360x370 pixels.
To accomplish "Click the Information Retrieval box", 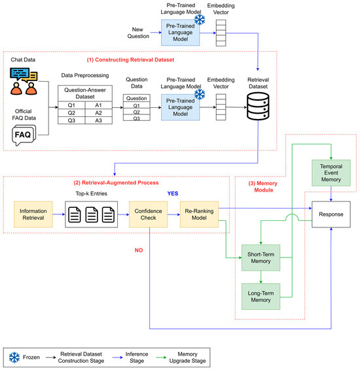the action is coord(33,214).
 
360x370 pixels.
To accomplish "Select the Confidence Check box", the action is coord(148,214).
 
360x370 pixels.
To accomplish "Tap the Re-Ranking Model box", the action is coord(199,214).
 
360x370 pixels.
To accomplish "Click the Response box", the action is coord(331,214).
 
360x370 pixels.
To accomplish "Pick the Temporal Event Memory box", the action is coord(331,173).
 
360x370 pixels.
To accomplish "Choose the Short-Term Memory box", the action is coord(261,258).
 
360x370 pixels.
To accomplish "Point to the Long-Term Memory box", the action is coord(261,296).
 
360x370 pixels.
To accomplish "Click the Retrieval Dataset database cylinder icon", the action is coord(258,106).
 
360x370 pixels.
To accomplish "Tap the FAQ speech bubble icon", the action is coord(24,135).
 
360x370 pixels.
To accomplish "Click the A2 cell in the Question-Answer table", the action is coord(98,113).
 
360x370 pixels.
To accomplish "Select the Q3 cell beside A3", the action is coord(71,120).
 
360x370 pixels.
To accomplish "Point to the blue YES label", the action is coord(173,193).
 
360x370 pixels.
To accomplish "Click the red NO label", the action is coord(139,250).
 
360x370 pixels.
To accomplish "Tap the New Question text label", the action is coord(138,33).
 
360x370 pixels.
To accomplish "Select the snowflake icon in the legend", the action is coord(14,358).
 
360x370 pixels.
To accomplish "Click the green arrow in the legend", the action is coord(161,358).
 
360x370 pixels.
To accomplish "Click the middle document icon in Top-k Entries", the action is coord(92,214).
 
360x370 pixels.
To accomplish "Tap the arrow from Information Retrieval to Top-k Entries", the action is coord(59,214).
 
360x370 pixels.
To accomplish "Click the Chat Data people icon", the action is coord(24,81).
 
